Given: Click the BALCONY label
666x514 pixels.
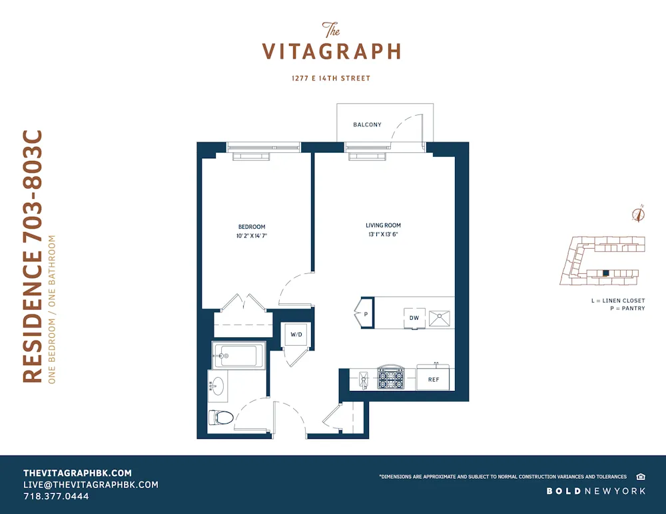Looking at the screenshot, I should coord(367,124).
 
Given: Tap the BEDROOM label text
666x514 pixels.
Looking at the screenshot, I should coord(252,227).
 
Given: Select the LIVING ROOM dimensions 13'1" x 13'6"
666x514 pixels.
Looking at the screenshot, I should coord(383,235).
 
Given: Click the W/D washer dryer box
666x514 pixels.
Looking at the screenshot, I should coord(296,335).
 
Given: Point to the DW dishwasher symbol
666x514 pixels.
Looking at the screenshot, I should coord(414,318).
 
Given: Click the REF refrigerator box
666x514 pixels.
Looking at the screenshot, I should coord(434,379).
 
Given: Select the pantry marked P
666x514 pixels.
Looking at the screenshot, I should coord(365,313).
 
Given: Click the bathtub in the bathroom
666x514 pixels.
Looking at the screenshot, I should coord(236,356).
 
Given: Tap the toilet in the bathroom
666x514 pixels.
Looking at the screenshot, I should coord(222,418).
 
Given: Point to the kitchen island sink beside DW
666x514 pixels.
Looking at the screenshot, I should coord(439,318).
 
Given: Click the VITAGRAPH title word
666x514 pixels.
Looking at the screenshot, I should coord(331,51).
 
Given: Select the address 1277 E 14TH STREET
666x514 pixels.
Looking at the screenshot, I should coord(331,78).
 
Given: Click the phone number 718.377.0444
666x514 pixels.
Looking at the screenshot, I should coord(56,496).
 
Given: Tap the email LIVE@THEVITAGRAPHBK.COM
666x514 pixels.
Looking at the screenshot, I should coord(91,485).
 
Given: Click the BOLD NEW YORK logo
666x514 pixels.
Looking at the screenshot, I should coord(596,491).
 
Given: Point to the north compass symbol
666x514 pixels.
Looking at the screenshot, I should coord(639,213).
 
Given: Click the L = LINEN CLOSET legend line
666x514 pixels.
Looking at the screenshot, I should coord(617,301).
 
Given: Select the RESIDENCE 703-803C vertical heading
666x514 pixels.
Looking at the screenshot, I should coord(33,256).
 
